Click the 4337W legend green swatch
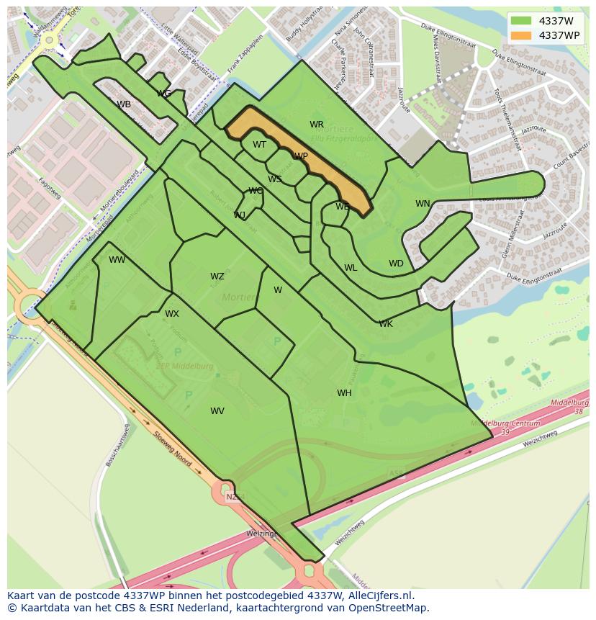pos(521,21)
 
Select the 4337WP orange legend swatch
pos(521,35)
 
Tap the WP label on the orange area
pos(301,156)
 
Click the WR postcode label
pos(317,125)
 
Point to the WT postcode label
pos(259,145)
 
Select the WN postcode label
pos(423,204)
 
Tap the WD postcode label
pos(396,264)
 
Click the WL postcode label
pos(351,268)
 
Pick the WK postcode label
pos(386,324)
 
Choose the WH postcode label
pos(344,393)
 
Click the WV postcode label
pos(217,411)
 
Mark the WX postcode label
pos(172,314)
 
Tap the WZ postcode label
pos(217,277)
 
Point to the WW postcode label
pos(117,260)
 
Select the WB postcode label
pos(124,104)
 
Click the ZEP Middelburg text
pos(185,366)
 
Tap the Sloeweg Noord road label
pos(173,449)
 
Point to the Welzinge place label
pos(262,534)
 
